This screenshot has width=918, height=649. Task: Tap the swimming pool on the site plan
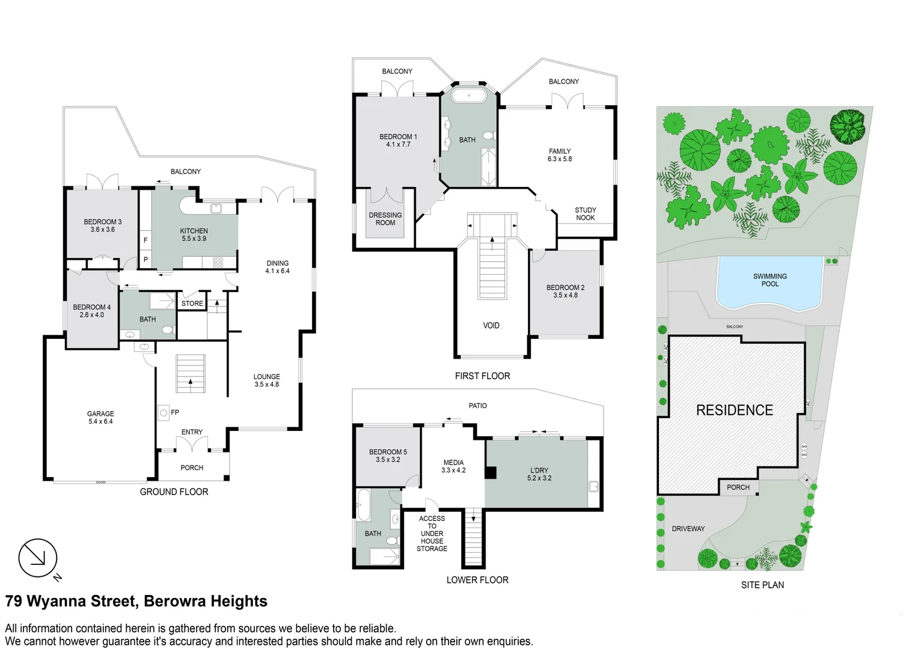[x=770, y=281]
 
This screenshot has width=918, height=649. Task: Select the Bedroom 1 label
[x=398, y=141]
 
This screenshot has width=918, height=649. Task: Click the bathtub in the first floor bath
[x=469, y=96]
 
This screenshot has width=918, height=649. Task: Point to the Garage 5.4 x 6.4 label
[x=100, y=418]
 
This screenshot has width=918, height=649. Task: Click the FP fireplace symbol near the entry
[x=164, y=413]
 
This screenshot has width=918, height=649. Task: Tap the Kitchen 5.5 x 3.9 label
[x=194, y=235]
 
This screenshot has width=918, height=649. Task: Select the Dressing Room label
[x=385, y=219]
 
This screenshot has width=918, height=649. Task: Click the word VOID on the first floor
[x=491, y=326]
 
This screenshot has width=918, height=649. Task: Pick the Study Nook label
[x=585, y=214]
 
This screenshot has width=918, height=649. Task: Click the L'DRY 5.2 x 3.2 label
[x=539, y=474]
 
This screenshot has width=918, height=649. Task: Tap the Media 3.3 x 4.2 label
[x=453, y=466]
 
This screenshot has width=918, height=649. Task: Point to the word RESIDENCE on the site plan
[x=734, y=410]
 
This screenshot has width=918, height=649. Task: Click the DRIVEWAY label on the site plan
[x=688, y=529]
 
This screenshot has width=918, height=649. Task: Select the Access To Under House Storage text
[x=432, y=534]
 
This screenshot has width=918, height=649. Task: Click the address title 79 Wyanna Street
[x=136, y=602]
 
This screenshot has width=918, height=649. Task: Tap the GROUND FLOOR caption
[x=174, y=492]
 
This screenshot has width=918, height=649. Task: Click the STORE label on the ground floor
[x=192, y=303]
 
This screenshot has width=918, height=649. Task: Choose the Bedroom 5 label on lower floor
[x=388, y=456]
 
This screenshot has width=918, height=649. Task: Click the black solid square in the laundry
[x=491, y=473]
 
